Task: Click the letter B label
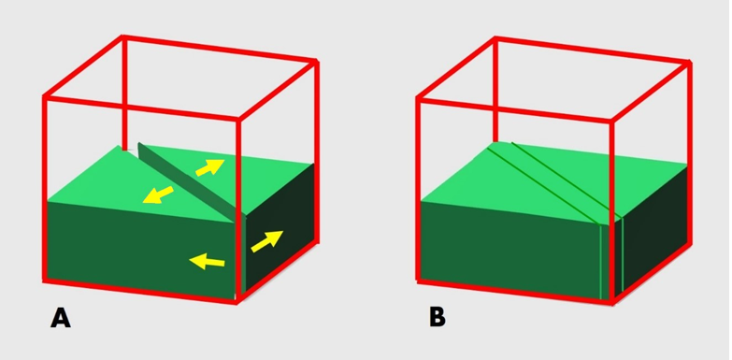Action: click(438, 318)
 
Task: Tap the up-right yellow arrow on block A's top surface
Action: click(209, 166)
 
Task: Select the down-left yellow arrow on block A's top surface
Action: click(158, 195)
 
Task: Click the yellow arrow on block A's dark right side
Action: click(267, 241)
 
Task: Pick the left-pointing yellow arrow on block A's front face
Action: click(207, 261)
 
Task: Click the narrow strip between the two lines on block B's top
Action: click(555, 181)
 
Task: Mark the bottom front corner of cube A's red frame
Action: click(237, 302)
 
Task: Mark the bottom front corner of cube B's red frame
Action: click(612, 303)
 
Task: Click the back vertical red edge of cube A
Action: click(124, 94)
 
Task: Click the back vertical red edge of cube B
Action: click(496, 90)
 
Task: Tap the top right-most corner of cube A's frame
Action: click(317, 61)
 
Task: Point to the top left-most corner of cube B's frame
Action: click(418, 98)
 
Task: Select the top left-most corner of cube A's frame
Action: click(45, 97)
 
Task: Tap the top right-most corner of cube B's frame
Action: click(689, 62)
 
